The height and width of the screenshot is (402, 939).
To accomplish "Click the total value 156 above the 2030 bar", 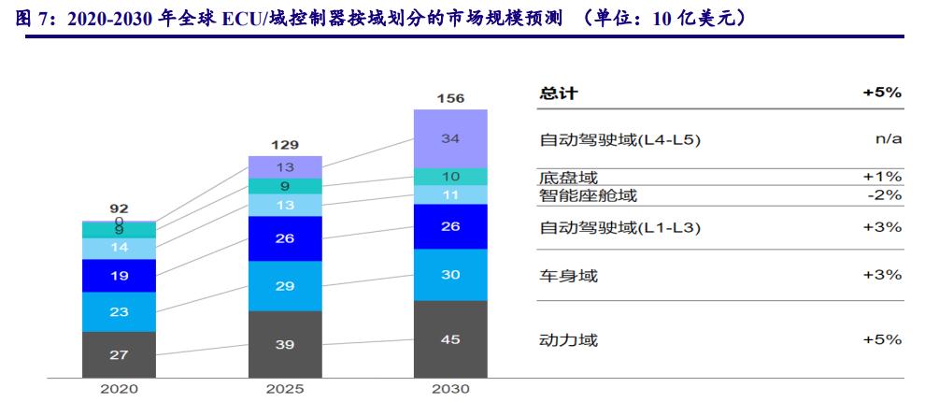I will point(450,98).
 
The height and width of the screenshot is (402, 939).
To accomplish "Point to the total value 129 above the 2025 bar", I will point(285,145).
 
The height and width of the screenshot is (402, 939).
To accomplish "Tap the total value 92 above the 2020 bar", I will point(119,208).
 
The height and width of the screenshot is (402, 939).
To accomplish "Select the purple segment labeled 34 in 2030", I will point(450,138).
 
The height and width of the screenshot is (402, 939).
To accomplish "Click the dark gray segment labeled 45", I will point(450,339).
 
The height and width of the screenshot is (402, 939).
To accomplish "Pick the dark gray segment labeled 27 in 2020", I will point(119,355).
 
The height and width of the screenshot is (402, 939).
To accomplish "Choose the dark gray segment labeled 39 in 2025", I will point(285,345).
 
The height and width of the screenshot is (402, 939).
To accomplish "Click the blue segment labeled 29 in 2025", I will point(285,286).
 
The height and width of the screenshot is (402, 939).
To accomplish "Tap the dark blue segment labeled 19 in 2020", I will point(119,276).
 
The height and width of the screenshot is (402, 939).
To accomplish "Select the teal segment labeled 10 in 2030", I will point(450,177).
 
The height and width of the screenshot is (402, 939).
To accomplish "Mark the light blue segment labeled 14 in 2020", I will point(119,248).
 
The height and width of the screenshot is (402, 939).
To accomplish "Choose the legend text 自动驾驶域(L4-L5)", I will point(619,139).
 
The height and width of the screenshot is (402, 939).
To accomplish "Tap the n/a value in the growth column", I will point(887,139).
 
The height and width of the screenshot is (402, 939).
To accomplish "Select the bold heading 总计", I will point(559,93).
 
